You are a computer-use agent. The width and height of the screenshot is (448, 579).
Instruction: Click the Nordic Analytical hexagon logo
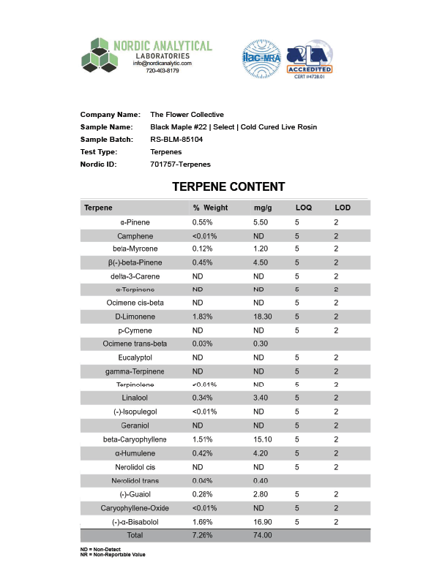tap(100, 56)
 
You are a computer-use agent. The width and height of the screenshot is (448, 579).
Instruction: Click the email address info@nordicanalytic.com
tap(162, 64)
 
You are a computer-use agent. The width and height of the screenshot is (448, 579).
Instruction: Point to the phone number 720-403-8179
tap(162, 71)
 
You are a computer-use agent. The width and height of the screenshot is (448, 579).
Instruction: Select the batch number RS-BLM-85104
tap(176, 139)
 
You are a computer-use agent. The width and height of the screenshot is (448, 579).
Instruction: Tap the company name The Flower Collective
tap(187, 114)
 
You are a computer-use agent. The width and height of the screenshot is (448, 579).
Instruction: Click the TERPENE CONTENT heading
tap(228, 187)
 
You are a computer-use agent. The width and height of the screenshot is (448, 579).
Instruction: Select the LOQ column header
tap(303, 208)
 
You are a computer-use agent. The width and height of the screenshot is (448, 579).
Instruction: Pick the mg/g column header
tap(263, 208)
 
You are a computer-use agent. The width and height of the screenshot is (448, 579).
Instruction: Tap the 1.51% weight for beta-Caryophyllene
tap(203, 439)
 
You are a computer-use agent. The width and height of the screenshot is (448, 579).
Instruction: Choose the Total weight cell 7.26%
tap(203, 535)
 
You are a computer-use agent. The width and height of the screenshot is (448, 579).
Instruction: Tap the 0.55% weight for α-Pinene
tap(203, 222)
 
